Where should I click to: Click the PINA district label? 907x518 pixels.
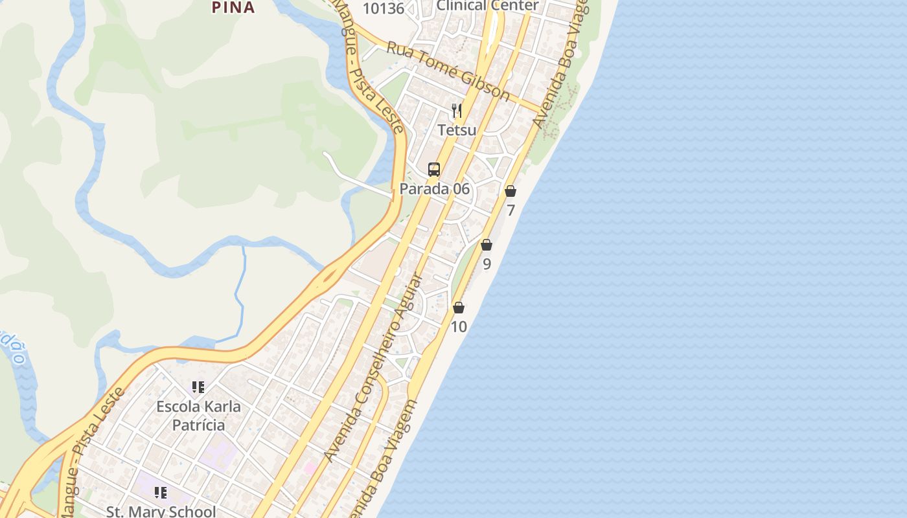point(233,7)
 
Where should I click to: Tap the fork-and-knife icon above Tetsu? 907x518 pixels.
point(457,111)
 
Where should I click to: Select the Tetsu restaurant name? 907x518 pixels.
point(457,130)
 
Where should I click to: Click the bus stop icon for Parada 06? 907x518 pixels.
point(434,170)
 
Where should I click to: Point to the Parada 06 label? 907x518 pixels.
point(434,189)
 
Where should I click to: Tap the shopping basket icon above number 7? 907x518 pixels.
point(511,191)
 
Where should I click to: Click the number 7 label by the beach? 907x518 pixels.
point(511,210)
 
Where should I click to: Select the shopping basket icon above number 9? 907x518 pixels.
point(487,245)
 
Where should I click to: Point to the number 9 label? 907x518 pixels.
point(487,264)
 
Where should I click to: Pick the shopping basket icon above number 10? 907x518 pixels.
point(459,308)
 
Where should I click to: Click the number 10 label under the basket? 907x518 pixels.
point(459,327)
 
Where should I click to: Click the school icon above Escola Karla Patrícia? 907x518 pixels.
point(198,387)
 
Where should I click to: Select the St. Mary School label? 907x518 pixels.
point(161,511)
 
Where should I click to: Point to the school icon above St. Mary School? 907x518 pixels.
point(161,493)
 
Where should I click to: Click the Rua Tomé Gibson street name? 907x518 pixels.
point(448,71)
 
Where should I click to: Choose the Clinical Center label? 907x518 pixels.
point(487,6)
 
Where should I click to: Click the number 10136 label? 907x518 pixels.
point(384,8)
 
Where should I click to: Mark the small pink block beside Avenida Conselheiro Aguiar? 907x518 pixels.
point(310,467)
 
